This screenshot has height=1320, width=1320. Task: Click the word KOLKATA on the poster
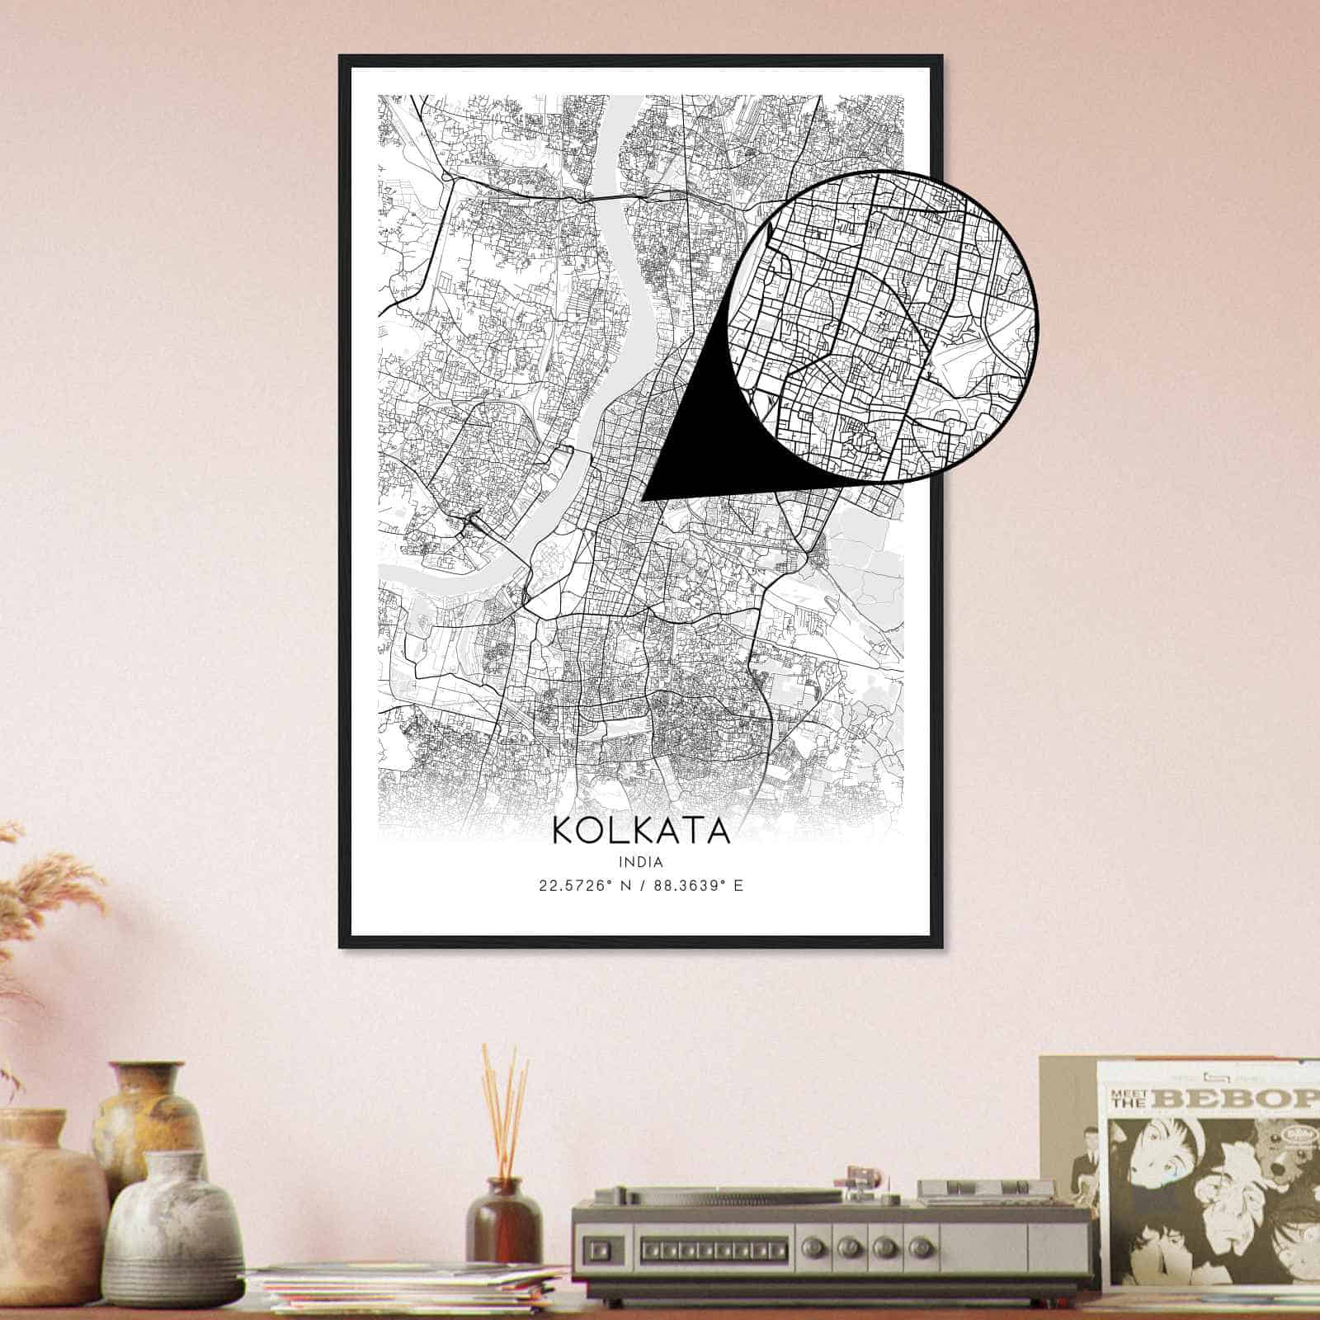pyautogui.click(x=641, y=830)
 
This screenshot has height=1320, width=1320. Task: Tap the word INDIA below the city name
pyautogui.click(x=641, y=861)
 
